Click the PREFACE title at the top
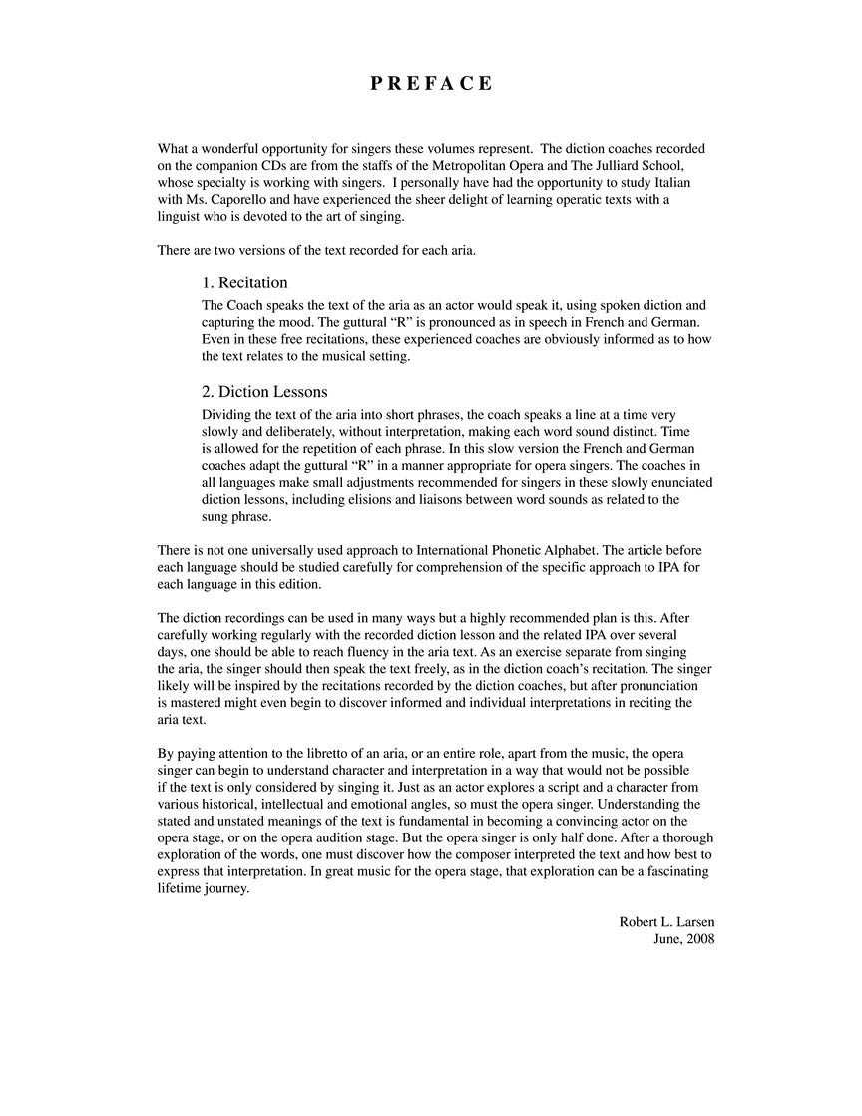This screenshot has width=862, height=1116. tap(431, 83)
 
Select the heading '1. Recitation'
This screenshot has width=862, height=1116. tap(244, 282)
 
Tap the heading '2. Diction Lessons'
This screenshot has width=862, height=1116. tap(264, 391)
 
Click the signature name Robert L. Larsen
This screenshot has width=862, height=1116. tap(666, 921)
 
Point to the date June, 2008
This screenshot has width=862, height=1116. tap(683, 939)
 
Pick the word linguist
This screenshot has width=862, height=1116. tap(182, 217)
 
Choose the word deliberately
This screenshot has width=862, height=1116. tap(293, 431)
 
